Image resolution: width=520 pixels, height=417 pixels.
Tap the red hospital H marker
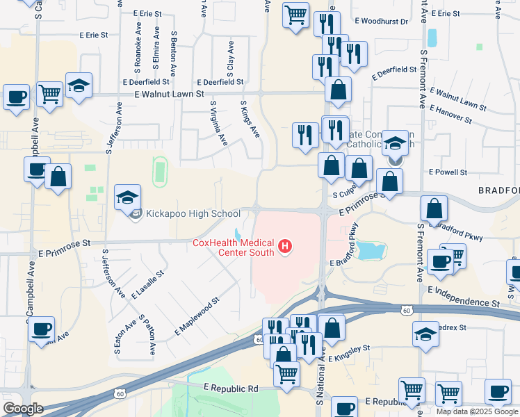[x=284, y=246]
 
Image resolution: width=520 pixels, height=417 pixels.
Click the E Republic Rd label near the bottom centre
[x=231, y=388]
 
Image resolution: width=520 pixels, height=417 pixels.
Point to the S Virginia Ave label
[x=219, y=122]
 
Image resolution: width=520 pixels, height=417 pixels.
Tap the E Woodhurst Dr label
[x=384, y=22]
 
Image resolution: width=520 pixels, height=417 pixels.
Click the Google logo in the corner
[x=22, y=409]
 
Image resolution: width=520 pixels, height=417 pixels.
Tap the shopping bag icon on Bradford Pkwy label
[x=434, y=208]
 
